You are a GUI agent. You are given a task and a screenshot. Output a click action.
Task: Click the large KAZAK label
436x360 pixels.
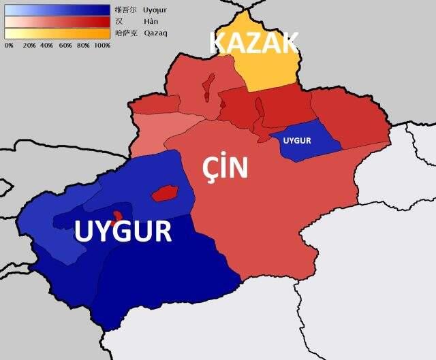point(253,43)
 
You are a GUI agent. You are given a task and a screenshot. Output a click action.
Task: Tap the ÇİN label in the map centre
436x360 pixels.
point(225,169)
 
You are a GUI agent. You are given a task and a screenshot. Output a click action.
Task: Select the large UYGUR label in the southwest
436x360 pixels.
point(123,232)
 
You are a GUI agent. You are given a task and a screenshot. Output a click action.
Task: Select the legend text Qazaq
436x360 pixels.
point(156,33)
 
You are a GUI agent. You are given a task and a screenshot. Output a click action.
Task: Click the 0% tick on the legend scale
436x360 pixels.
point(9,45)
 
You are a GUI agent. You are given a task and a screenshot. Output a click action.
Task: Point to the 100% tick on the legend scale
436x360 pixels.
point(102,45)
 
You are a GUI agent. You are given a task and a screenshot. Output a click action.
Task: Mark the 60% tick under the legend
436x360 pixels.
point(65,45)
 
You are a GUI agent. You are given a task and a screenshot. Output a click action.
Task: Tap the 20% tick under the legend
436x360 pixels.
point(29,45)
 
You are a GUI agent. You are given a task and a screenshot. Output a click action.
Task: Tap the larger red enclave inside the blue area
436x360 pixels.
point(164,193)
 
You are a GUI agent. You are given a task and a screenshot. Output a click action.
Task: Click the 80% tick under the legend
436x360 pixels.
point(84,45)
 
